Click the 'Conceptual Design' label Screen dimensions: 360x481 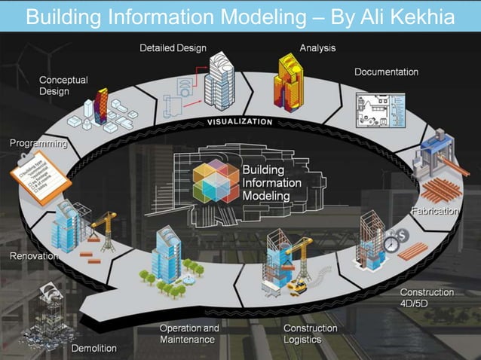[x=63, y=85]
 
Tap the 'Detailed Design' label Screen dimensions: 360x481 [x=173, y=48]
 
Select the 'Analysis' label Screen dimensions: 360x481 [x=317, y=48]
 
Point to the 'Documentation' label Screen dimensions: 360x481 [x=386, y=72]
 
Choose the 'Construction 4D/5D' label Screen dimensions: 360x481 [x=427, y=297]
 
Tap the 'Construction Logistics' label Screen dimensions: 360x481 [x=310, y=334]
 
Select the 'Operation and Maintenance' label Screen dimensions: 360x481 [x=189, y=334]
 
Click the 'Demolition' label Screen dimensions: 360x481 [x=94, y=348]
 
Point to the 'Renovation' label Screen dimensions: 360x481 [x=33, y=257]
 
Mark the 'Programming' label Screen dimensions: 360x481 [x=38, y=142]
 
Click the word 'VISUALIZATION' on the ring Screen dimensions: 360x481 [x=240, y=122]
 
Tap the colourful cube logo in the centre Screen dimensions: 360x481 [x=216, y=181]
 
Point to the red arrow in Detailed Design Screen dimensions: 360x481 [x=197, y=73]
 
